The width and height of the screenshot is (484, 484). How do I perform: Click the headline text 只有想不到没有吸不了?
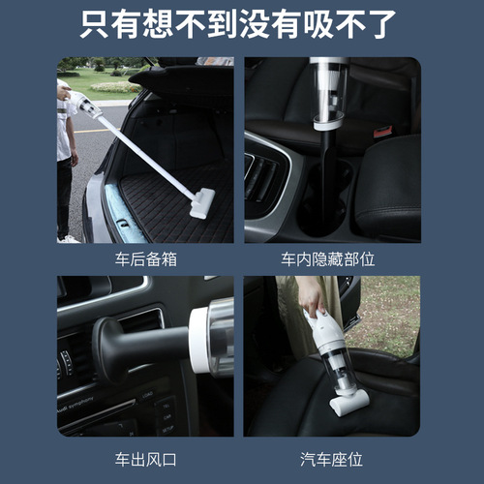(x=241, y=21)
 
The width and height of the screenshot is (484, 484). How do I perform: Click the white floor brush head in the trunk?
(x=204, y=200)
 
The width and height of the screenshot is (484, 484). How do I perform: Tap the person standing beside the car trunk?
(x=66, y=155)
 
